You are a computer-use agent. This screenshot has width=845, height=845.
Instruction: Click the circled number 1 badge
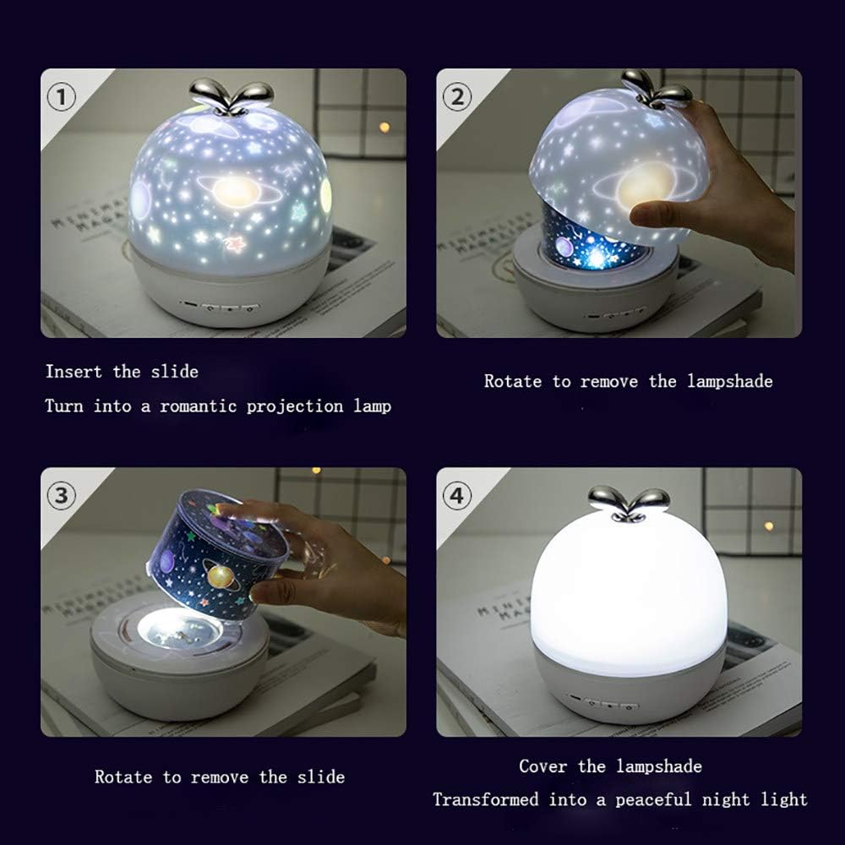(61, 97)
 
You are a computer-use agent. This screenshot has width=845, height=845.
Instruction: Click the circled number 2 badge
(457, 97)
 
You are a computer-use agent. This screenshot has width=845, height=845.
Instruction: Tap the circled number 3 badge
(61, 496)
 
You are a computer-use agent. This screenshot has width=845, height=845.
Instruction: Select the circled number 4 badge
(457, 496)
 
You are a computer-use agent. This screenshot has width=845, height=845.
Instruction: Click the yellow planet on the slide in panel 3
(222, 578)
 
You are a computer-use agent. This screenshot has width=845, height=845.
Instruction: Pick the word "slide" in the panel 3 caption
(324, 777)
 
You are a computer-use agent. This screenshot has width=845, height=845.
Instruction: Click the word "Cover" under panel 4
(543, 766)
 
